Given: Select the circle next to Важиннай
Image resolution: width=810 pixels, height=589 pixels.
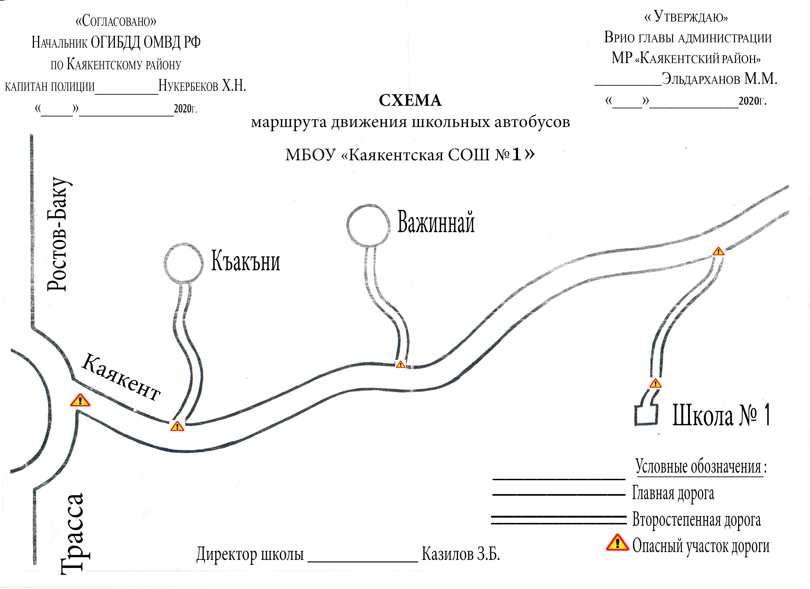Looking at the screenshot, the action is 368,205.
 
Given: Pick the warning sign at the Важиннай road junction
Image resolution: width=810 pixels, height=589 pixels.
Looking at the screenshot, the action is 401,364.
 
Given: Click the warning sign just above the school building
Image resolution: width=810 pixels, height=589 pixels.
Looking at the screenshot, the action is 655,384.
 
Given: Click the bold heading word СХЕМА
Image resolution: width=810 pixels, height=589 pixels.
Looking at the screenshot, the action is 410,100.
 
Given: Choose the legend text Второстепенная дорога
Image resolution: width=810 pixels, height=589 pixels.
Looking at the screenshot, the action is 696,520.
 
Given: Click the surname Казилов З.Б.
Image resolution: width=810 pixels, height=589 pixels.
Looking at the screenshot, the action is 461,554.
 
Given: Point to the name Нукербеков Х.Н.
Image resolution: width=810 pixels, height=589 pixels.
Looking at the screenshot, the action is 202,86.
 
